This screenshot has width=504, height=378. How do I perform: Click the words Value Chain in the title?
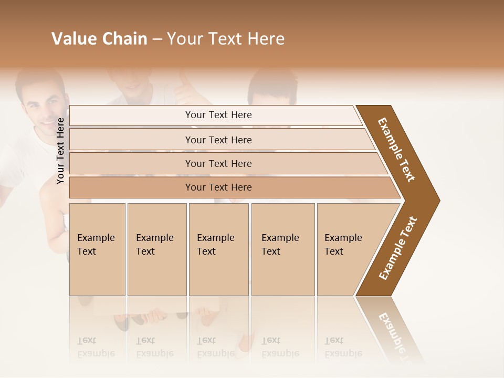[x=99, y=39]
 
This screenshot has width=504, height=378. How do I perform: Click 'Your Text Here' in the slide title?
[x=226, y=39]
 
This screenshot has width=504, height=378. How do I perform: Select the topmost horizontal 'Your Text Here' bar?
[x=218, y=115]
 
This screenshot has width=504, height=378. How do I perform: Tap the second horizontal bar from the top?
[x=218, y=140]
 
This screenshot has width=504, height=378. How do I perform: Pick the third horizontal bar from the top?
[x=218, y=163]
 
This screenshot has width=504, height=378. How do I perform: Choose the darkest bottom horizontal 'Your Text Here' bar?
[x=218, y=187]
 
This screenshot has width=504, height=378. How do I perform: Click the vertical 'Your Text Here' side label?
[x=60, y=151]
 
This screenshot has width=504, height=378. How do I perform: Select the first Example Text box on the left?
[x=97, y=249]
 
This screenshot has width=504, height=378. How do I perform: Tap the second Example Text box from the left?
[x=156, y=249]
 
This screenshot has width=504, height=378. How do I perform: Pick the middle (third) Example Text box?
[x=218, y=249]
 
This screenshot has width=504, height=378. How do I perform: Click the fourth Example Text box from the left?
[x=282, y=249]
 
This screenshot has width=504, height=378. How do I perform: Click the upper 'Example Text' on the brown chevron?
[x=396, y=150]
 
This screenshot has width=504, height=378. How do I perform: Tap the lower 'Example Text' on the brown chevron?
[x=398, y=248]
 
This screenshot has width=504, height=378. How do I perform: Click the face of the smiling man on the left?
[x=42, y=105]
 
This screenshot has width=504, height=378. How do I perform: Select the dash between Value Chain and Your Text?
[x=157, y=39]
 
